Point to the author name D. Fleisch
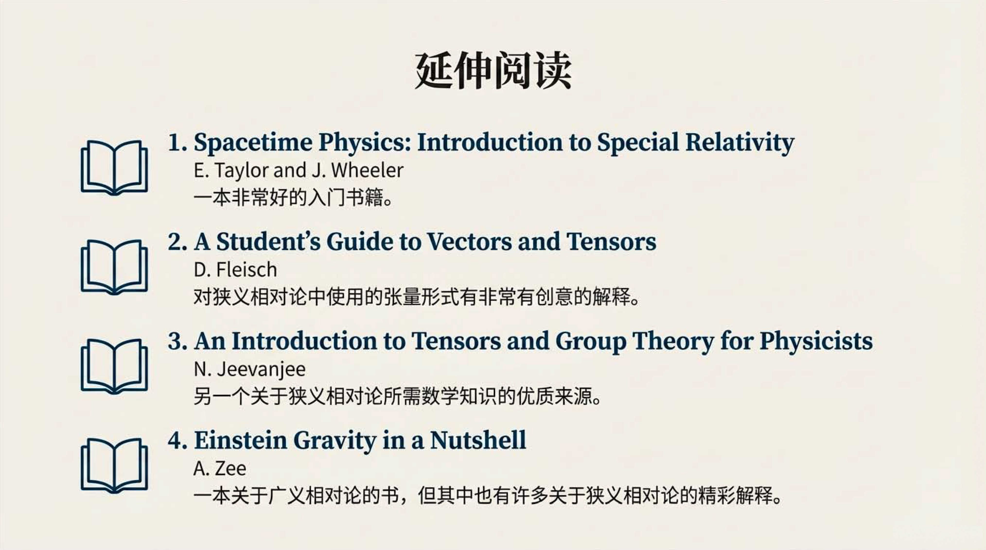pos(235,270)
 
